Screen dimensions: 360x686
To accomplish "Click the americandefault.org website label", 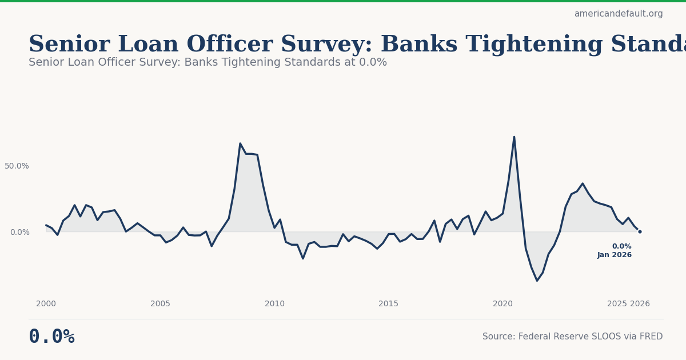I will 618,14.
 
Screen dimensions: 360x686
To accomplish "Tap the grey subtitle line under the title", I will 208,62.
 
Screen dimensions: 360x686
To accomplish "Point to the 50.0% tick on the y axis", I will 17,166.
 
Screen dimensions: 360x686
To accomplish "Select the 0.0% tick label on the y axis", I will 19,232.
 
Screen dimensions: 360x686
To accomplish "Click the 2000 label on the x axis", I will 46,304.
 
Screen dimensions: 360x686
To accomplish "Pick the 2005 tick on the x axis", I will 160,304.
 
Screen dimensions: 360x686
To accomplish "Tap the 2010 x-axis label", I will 274,304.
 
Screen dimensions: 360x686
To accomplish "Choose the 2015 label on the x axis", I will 389,304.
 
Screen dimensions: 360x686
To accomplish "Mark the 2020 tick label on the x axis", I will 502,304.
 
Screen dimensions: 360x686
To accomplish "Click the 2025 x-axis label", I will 617,304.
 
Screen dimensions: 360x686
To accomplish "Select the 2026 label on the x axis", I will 640,304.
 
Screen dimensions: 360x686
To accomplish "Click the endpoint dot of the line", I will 640,231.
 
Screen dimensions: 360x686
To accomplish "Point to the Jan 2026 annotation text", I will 615,255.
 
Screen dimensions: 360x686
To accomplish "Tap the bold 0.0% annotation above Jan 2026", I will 621,246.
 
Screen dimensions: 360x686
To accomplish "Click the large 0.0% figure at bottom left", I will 51,337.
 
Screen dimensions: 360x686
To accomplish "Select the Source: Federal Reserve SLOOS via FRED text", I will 572,337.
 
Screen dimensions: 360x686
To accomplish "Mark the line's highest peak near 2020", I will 514,137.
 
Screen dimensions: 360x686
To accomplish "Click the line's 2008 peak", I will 240,143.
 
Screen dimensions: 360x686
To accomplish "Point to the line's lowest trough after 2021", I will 537,281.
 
